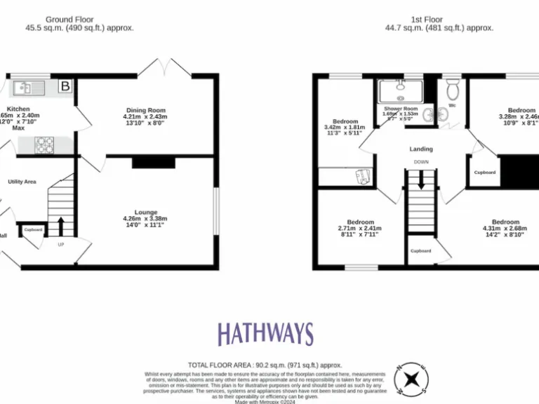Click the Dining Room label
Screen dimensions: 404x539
click(x=146, y=110)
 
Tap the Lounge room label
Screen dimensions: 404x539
click(x=145, y=212)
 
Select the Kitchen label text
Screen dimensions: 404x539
click(x=18, y=109)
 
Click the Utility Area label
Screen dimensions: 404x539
click(x=22, y=182)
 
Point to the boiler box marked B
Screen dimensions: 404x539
click(x=65, y=86)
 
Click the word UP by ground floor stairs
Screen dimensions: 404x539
click(x=60, y=245)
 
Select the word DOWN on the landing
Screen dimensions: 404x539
click(x=421, y=162)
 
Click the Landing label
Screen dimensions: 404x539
click(x=421, y=149)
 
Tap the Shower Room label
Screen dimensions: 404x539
click(x=400, y=109)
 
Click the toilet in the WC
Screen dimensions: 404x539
click(x=453, y=88)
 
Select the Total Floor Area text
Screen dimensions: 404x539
click(x=265, y=365)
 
